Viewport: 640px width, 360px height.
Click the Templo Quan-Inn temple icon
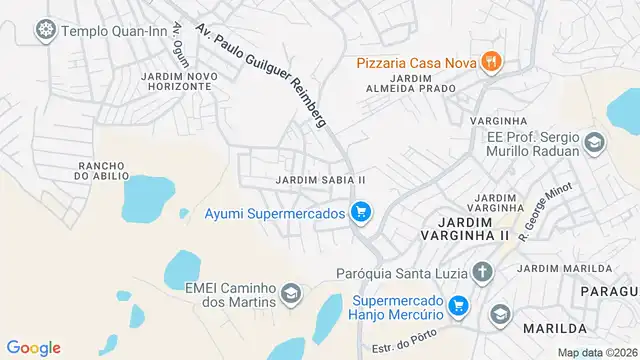pos(46,30)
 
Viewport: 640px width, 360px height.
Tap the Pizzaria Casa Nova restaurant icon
pos(491,63)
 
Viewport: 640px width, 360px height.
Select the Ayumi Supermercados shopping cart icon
pos(362,212)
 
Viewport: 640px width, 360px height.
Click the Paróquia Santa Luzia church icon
pos(483,271)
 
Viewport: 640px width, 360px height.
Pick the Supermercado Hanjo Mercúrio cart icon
pos(459,305)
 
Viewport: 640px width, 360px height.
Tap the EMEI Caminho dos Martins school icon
pos(291,293)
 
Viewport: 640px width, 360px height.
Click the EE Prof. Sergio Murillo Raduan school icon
pos(595,143)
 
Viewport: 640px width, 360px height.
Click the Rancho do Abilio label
pos(102,170)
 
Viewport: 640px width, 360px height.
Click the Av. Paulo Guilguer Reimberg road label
pos(261,73)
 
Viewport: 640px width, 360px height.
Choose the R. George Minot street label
pos(544,212)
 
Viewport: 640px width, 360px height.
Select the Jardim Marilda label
pos(566,269)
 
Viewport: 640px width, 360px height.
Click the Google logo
pos(33,347)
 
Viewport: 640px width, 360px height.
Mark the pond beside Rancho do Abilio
pos(147,198)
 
